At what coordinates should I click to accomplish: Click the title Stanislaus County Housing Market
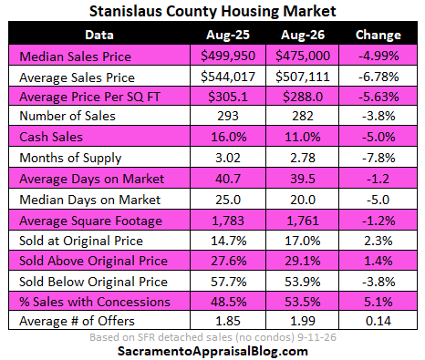coord(212,11)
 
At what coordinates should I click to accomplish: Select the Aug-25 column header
coord(228,35)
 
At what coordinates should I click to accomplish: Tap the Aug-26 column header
coord(303,35)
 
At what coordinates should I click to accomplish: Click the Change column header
coord(378,35)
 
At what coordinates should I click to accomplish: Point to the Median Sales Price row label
coord(76,57)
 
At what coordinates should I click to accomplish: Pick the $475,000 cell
coord(303,56)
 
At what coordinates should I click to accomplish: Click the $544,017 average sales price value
coord(228,77)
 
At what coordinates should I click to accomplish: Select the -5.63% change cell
coord(378,97)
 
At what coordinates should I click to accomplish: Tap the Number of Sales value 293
coord(228,116)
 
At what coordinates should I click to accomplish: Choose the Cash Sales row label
coord(51,137)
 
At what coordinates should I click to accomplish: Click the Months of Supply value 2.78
coord(303,158)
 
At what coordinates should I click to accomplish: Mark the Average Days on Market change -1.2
coord(378,179)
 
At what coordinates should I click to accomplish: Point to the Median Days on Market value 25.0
coord(228,200)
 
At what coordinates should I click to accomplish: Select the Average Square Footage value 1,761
coord(303,221)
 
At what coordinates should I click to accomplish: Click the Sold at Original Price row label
coord(81,241)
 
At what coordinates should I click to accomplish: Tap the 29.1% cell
coord(303,261)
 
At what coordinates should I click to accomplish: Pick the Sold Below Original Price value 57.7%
coord(229,282)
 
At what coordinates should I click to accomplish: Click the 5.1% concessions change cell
coord(378,302)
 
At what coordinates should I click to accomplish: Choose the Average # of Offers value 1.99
coord(303,321)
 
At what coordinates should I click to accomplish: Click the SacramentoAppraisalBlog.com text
coord(212,352)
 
